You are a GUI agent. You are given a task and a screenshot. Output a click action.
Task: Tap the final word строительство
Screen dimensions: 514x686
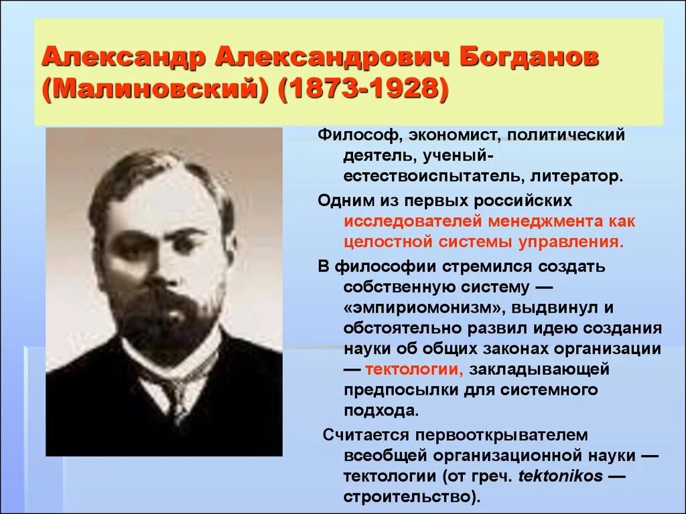pos(411,498)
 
